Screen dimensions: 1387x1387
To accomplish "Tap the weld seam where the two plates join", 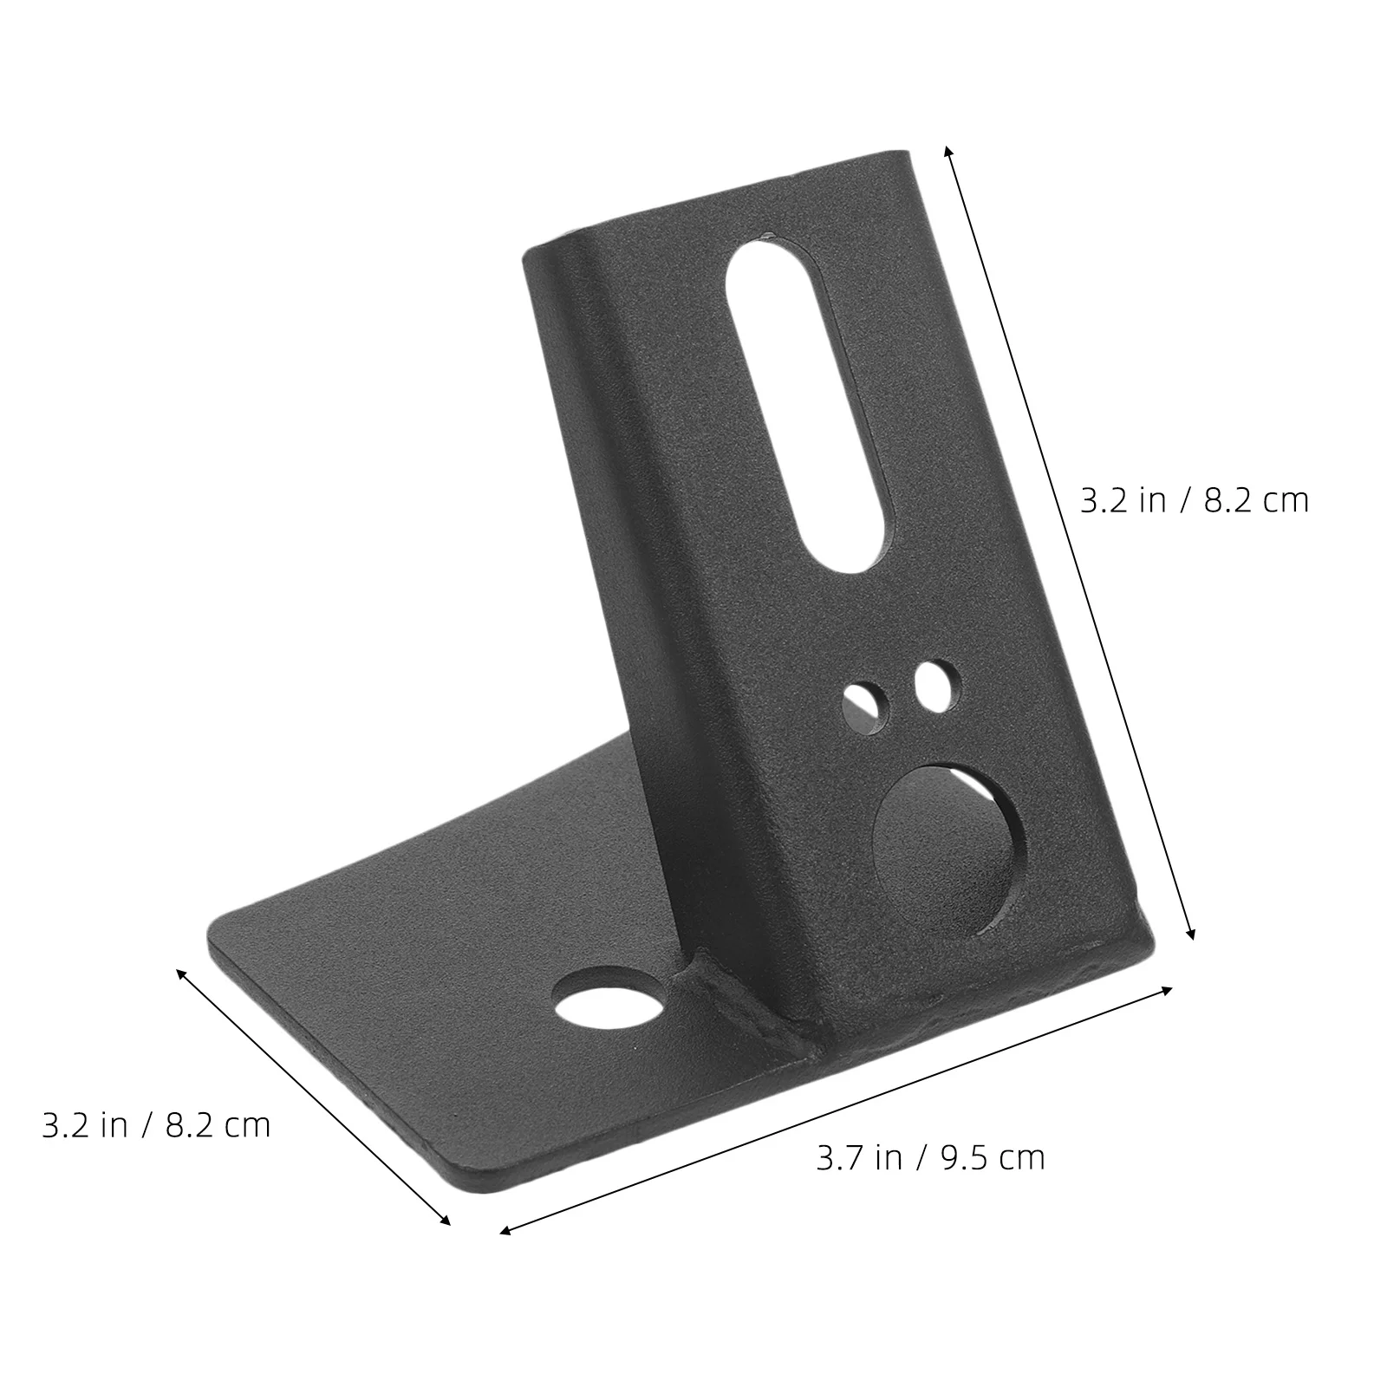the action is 750,1010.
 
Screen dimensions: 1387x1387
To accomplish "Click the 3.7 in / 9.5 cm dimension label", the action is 930,1157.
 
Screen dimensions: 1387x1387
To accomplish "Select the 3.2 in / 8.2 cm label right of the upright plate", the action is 1194,501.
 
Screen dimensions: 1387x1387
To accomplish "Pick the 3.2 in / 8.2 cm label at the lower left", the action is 156,1125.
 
